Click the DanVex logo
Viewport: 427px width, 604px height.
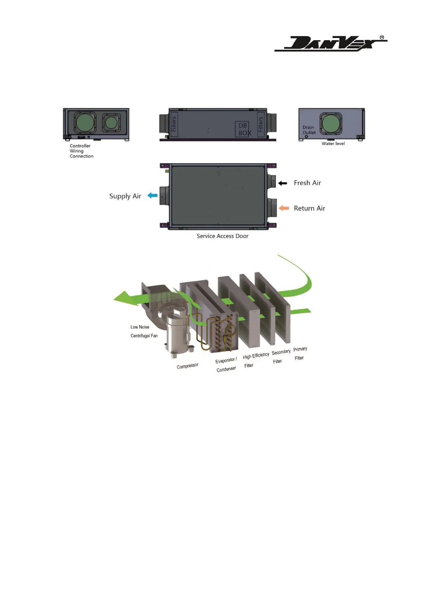pos(330,44)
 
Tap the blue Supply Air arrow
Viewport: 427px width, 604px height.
pos(153,195)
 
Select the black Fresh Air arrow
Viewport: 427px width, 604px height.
pos(283,183)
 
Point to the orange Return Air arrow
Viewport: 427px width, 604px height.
pos(284,208)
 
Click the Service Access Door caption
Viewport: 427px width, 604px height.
pos(222,236)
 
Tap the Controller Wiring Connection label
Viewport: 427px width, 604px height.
pos(81,151)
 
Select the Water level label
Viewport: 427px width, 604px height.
pos(333,143)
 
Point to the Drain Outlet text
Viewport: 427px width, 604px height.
pos(309,130)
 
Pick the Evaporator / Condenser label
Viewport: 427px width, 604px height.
pos(226,364)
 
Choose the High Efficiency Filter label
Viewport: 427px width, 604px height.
pos(255,360)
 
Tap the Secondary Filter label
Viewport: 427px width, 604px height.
pos(281,357)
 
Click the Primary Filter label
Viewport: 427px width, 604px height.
pos(300,353)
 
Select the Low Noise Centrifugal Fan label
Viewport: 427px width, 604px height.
pos(144,331)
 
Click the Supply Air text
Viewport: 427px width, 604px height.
pos(125,196)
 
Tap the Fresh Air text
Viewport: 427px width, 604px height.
pos(307,183)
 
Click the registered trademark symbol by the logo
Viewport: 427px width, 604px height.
pos(382,37)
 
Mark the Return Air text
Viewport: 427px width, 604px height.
pos(309,208)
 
